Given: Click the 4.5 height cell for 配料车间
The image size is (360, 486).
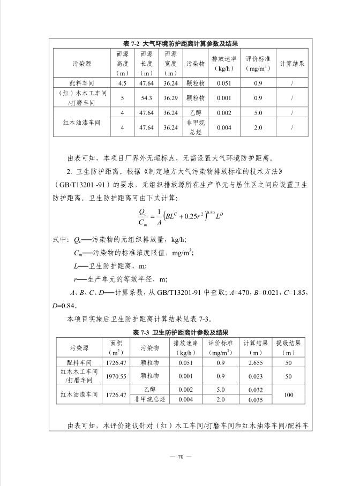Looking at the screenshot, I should pyautogui.click(x=123, y=83).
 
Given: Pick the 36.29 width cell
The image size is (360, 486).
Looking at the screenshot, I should pyautogui.click(x=171, y=98).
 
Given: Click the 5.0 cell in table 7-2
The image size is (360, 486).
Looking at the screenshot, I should pyautogui.click(x=258, y=113).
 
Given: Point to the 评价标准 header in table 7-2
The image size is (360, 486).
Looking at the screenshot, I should pyautogui.click(x=258, y=63).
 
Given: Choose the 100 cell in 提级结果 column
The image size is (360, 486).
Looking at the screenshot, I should pyautogui.click(x=288, y=394).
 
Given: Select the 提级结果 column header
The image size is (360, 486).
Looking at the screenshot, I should pyautogui.click(x=288, y=347).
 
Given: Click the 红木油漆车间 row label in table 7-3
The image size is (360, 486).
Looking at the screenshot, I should pyautogui.click(x=80, y=394).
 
